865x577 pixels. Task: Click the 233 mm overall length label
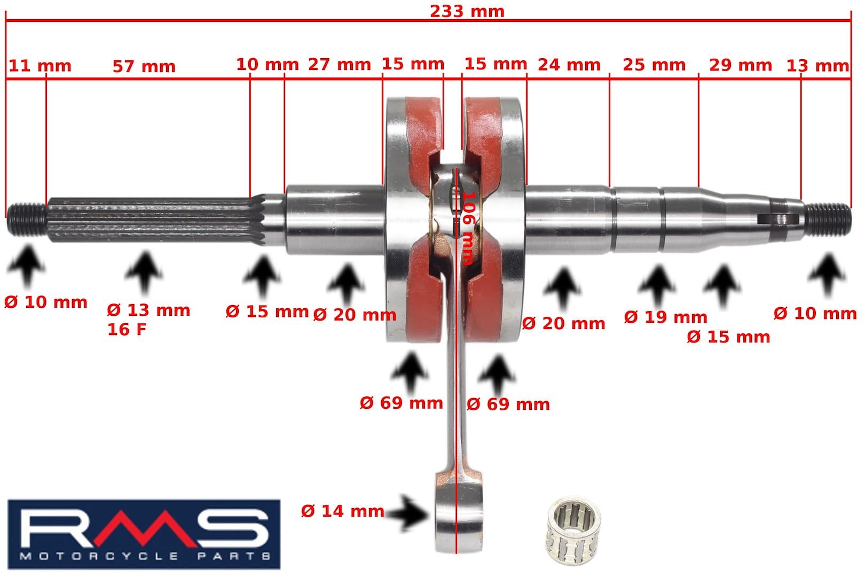467,11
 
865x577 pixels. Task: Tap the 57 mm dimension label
144,66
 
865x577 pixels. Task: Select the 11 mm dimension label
40,66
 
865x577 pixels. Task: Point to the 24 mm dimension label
569,65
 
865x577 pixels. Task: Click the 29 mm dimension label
740,65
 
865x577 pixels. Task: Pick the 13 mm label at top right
817,66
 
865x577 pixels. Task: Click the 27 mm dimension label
339,64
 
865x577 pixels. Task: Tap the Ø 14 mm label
342,511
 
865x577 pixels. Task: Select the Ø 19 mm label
665,317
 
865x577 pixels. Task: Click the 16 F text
127,330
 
